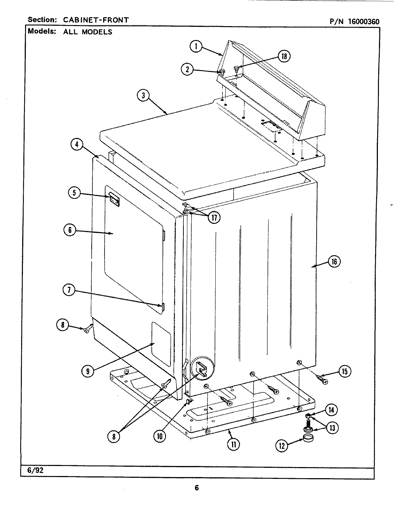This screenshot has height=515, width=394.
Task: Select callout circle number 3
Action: [143, 95]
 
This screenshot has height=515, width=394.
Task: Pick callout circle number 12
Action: [281, 446]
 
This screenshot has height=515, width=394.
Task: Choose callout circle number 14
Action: [331, 410]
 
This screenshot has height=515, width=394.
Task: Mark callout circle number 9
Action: [88, 371]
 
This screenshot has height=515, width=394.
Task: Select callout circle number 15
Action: [344, 372]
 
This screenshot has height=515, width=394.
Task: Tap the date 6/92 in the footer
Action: [35, 470]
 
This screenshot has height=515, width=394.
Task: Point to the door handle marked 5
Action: [114, 198]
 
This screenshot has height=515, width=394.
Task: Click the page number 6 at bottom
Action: [197, 488]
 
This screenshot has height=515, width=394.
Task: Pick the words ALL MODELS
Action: [88, 32]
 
